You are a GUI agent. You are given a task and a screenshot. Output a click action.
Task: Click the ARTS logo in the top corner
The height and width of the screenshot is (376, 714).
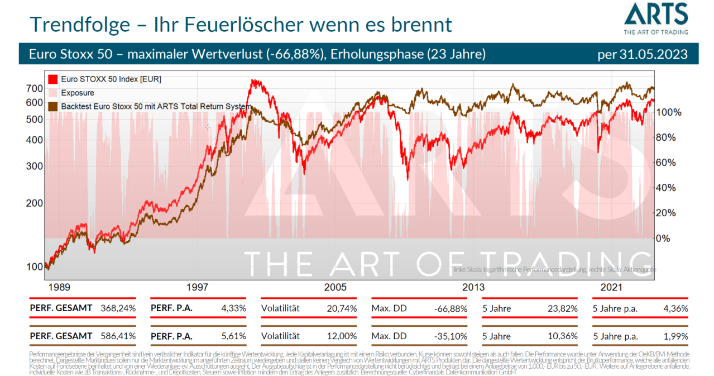tap(655, 18)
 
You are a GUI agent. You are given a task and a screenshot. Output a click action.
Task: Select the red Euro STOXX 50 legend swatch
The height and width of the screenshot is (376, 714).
tap(53, 79)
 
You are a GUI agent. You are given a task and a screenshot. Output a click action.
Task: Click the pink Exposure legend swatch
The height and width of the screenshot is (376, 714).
tap(53, 93)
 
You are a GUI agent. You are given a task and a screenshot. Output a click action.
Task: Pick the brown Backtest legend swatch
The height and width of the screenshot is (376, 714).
tap(53, 106)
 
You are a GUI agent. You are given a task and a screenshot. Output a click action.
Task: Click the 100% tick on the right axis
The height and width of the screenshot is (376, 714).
tap(669, 112)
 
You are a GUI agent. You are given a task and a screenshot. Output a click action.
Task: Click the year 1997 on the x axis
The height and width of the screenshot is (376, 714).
tap(198, 287)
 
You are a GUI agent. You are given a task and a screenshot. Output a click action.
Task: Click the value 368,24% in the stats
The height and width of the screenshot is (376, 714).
tap(118, 308)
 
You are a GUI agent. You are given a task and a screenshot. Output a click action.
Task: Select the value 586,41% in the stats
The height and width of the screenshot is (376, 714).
tap(118, 336)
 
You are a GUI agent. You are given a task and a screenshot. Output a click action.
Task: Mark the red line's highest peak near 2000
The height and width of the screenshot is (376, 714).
tap(255, 80)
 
